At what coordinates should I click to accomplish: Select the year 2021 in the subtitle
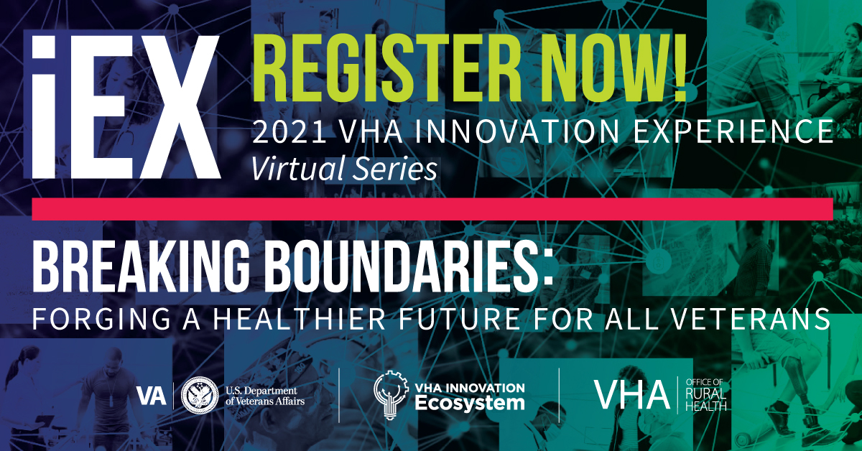coord(289,131)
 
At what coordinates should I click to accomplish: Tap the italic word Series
coord(395,169)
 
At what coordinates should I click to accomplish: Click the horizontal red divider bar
coord(432,209)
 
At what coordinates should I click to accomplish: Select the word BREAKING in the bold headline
coord(142,266)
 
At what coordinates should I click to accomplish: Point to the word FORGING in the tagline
coord(101,319)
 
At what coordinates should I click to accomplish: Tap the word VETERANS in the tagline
coord(751,319)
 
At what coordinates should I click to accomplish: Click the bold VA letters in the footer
coord(152,396)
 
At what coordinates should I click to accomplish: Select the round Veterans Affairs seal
coord(200,395)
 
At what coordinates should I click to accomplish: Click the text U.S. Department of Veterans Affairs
coord(265,396)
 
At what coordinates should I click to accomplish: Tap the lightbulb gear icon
coord(391,395)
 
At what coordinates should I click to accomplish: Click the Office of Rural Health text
coord(705,395)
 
